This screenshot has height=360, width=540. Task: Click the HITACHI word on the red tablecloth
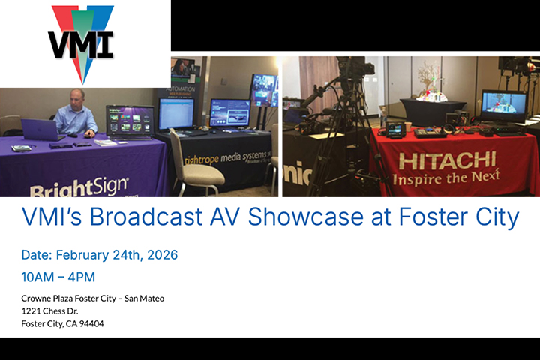447,160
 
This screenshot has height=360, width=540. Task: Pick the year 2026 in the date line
161,255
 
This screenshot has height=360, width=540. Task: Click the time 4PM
79,277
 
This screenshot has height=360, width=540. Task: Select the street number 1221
32,311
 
